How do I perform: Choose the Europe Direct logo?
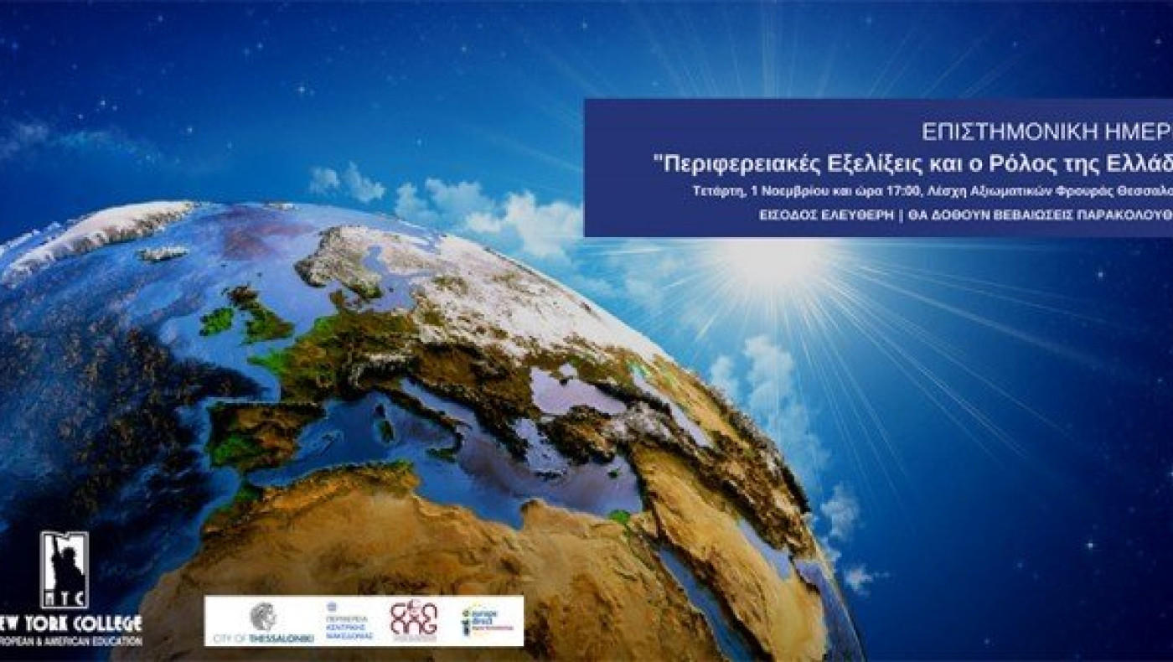tap(483, 621)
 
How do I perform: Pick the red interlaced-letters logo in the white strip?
tap(413, 621)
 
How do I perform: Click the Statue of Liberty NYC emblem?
tap(64, 570)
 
